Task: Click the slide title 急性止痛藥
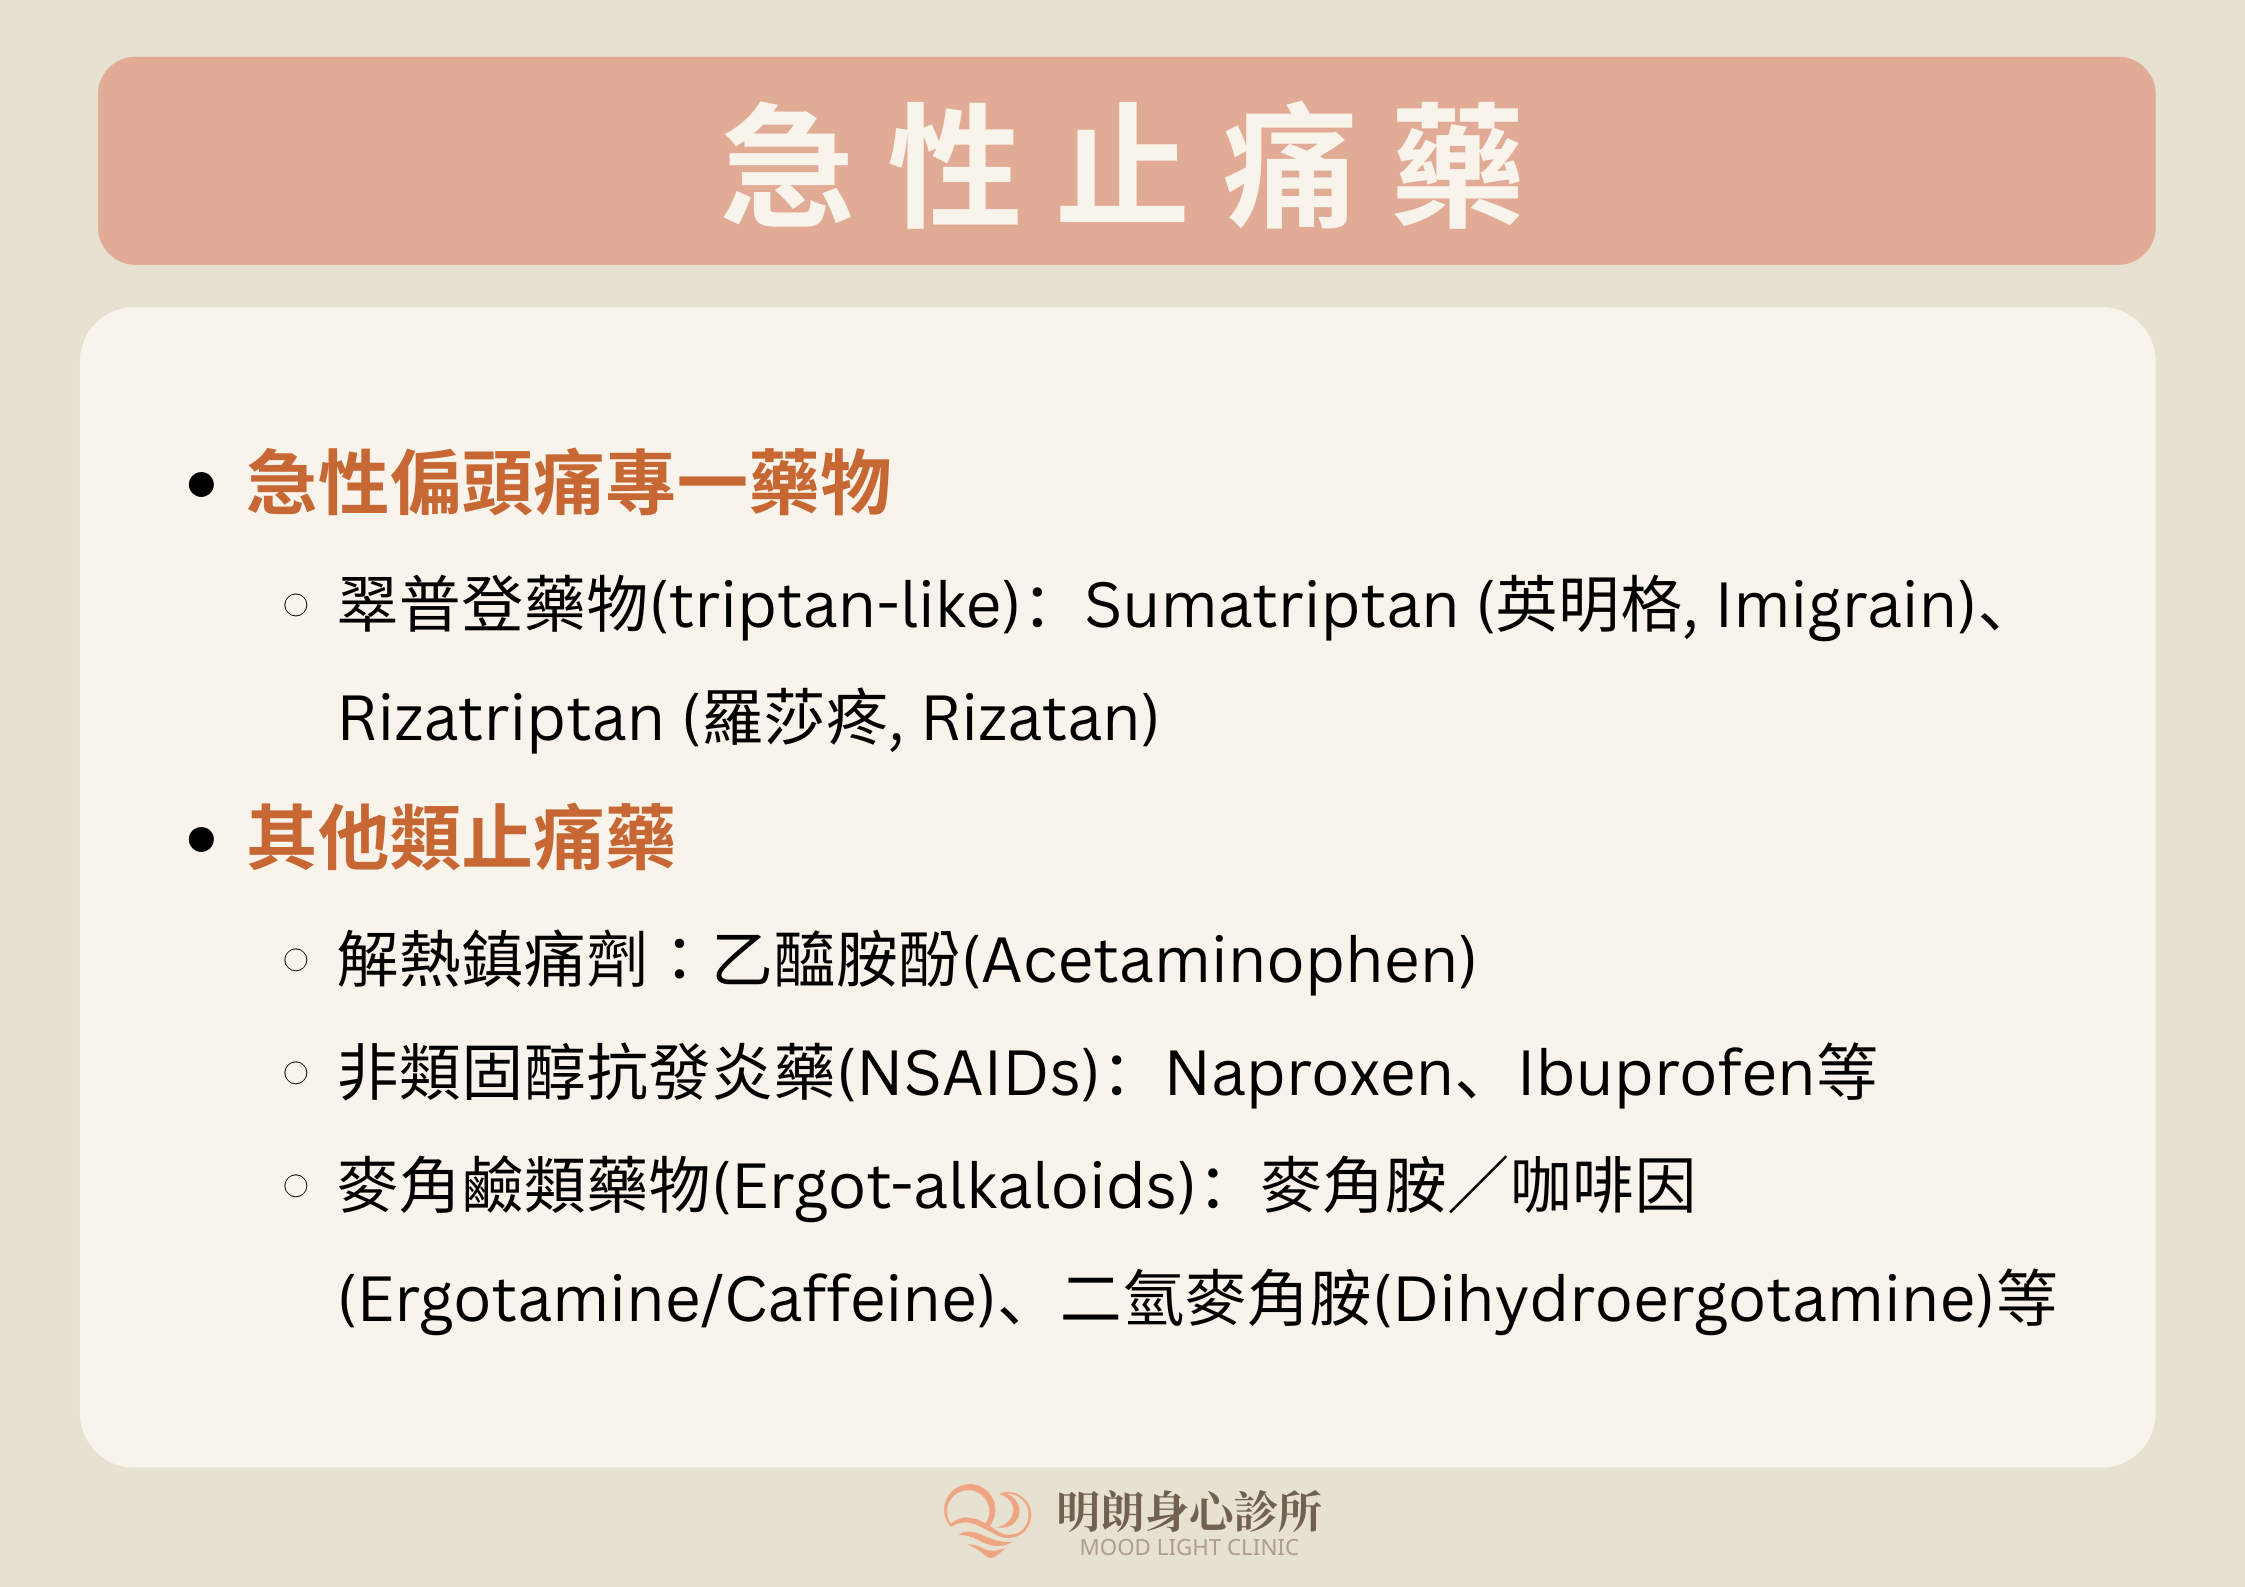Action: pyautogui.click(x=1122, y=165)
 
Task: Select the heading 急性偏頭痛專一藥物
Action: pyautogui.click(x=569, y=483)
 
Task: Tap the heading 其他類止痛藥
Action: pyautogui.click(x=461, y=838)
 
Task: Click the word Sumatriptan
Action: pyautogui.click(x=1271, y=606)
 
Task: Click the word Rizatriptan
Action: pyautogui.click(x=501, y=720)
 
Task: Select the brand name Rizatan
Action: pyautogui.click(x=1031, y=719)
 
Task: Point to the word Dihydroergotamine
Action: pyautogui.click(x=1683, y=1300)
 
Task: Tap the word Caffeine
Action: pyautogui.click(x=850, y=1300)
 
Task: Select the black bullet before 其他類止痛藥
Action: pyautogui.click(x=201, y=840)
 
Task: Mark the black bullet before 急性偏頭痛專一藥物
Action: pyautogui.click(x=201, y=485)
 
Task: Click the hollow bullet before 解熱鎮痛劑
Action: pyautogui.click(x=296, y=961)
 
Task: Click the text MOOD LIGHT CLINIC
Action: pyautogui.click(x=1189, y=1548)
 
